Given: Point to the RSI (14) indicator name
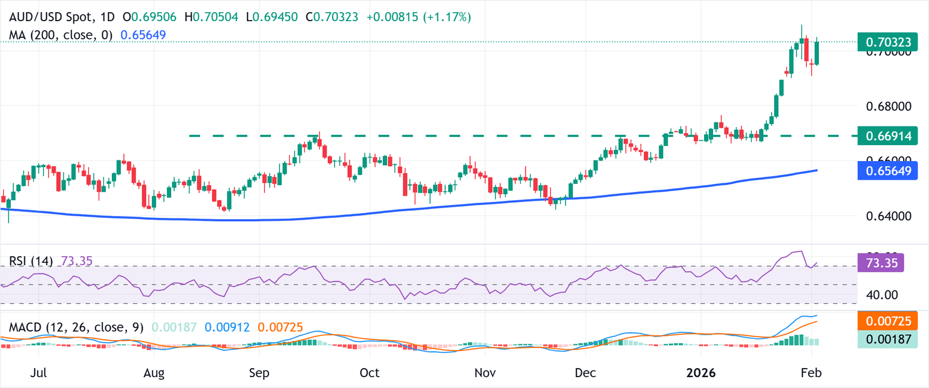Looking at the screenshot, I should [31, 261].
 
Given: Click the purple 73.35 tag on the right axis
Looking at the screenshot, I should [881, 263].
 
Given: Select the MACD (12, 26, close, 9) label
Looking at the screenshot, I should [76, 327].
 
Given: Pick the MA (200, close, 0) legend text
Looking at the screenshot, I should [60, 35].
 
